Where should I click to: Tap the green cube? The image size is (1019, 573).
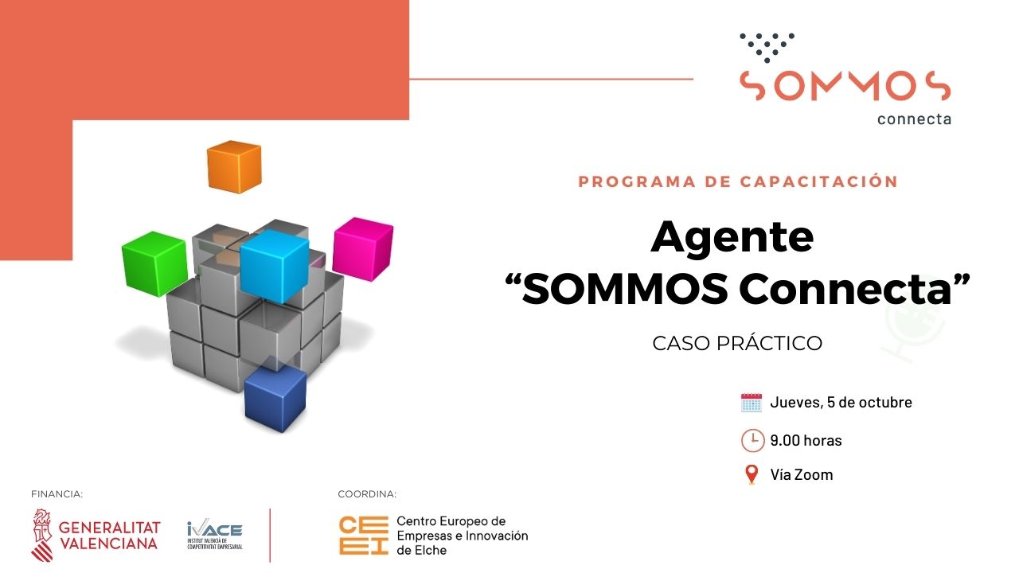pos(154,263)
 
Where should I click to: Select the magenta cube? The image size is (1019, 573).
pos(363,248)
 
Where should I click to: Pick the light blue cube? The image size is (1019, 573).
pos(274,265)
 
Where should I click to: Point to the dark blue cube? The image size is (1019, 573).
pos(275,398)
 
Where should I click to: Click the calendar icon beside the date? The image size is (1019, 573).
pos(752,402)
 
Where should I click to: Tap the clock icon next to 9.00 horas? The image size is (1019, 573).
pos(752,440)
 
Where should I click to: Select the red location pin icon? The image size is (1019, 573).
pos(751,475)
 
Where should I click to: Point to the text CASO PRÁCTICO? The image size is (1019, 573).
pos(736,344)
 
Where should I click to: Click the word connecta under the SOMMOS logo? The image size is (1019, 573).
pos(914,119)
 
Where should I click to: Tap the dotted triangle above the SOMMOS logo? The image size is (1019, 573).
pos(766,47)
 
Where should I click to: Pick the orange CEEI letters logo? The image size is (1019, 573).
pos(362,535)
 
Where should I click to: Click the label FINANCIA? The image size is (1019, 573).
pos(57,494)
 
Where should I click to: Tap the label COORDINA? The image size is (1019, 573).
pos(366,494)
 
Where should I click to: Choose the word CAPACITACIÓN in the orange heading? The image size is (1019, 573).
pos(819,181)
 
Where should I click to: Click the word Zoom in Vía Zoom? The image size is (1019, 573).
pos(814,475)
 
